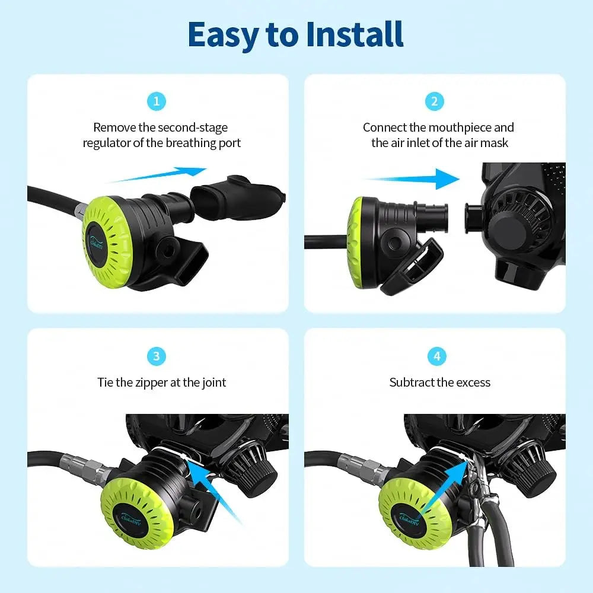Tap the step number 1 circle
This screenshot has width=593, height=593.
click(156, 101)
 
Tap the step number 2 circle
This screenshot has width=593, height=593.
click(435, 101)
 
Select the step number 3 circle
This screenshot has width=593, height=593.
click(156, 356)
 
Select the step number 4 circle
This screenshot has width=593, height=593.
click(437, 356)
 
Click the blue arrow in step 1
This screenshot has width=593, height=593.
click(159, 175)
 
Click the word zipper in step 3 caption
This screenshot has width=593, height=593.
click(150, 382)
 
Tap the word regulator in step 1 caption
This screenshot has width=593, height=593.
click(107, 143)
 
